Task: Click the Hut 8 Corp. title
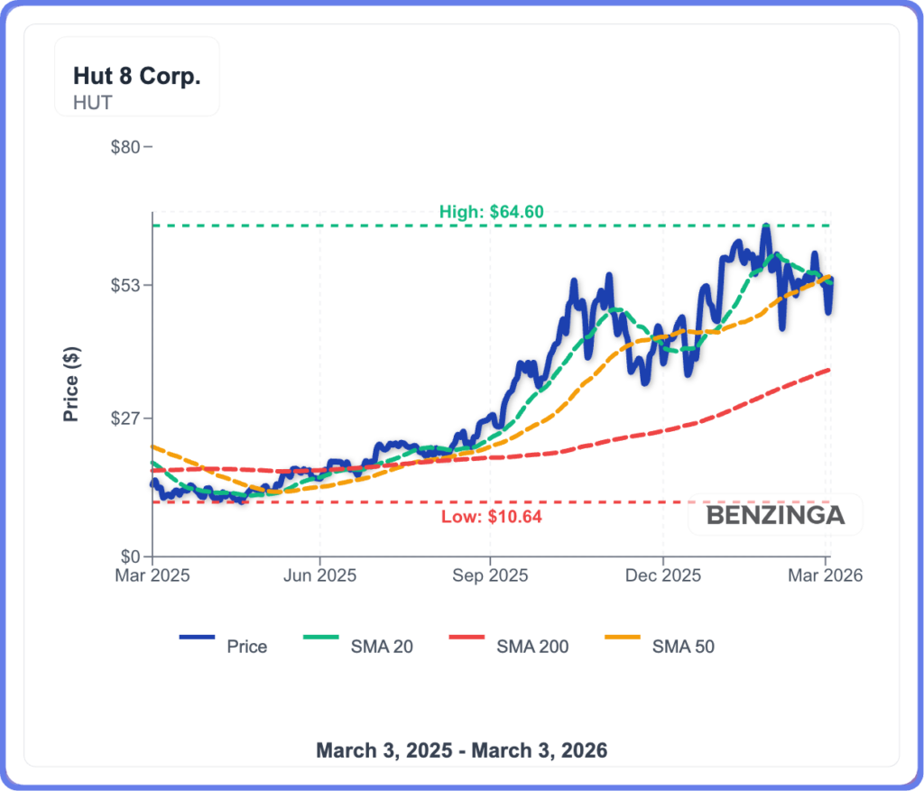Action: [136, 76]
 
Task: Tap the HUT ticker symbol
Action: [93, 102]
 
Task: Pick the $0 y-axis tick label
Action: [130, 556]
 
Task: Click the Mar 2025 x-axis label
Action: [152, 575]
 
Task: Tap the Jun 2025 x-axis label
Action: [320, 575]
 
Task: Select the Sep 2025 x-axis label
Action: [490, 575]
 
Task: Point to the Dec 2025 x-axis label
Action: [662, 575]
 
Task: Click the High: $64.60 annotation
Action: [491, 212]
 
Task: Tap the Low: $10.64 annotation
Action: [491, 517]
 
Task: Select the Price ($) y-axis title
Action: [71, 384]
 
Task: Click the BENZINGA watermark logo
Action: [775, 516]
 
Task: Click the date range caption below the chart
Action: [461, 750]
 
